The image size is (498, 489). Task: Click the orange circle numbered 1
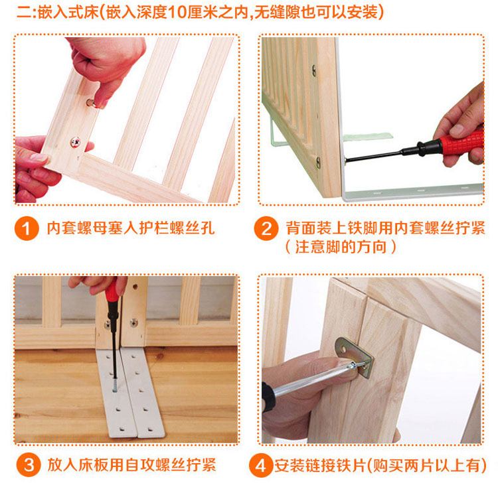pyautogui.click(x=27, y=228)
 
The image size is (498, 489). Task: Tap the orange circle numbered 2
pyautogui.click(x=266, y=228)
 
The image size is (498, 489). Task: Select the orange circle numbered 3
pyautogui.click(x=29, y=465)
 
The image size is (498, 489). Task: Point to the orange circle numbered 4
pyautogui.click(x=261, y=465)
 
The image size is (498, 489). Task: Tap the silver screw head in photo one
pyautogui.click(x=75, y=142)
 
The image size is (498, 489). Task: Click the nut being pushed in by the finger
pyautogui.click(x=91, y=103)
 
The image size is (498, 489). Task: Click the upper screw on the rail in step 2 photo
pyautogui.click(x=314, y=70)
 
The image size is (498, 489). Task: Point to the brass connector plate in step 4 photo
pyautogui.click(x=355, y=357)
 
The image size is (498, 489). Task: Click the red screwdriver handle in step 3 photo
pyautogui.click(x=112, y=290)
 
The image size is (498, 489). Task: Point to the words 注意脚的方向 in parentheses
pyautogui.click(x=341, y=247)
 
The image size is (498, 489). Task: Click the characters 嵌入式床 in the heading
pyautogui.click(x=68, y=13)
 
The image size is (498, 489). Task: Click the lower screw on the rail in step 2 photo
pyautogui.click(x=318, y=163)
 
